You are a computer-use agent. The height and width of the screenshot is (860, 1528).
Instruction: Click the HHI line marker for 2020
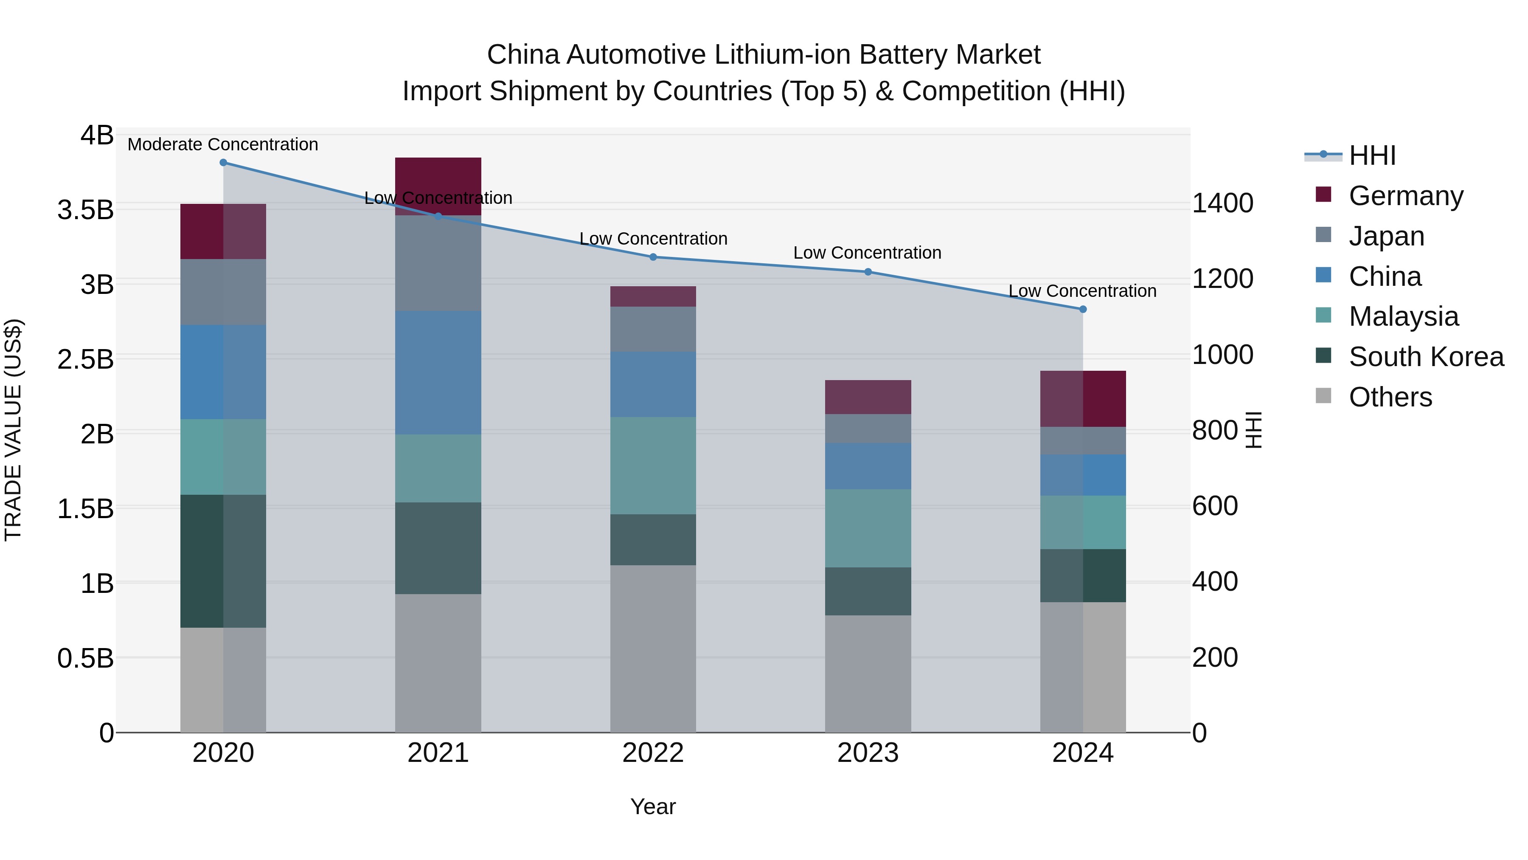223,163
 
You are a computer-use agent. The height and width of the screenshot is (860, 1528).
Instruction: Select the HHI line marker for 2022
653,257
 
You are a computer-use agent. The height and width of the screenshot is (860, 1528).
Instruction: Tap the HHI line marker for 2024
1082,309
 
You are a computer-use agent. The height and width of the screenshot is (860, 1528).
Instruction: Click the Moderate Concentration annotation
223,144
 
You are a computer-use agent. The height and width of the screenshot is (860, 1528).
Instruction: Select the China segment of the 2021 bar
438,373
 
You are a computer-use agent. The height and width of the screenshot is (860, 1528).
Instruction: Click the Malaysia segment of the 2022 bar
653,465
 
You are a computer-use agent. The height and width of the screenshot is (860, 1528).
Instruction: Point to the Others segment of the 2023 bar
868,674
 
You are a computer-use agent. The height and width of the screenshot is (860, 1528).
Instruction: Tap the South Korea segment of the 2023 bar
868,591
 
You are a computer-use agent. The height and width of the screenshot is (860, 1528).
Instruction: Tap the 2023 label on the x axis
868,753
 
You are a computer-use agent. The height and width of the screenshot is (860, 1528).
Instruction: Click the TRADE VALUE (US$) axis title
13,430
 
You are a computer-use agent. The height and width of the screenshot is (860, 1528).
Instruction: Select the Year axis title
653,806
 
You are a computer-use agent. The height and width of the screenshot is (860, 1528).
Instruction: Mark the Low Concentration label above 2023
867,253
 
